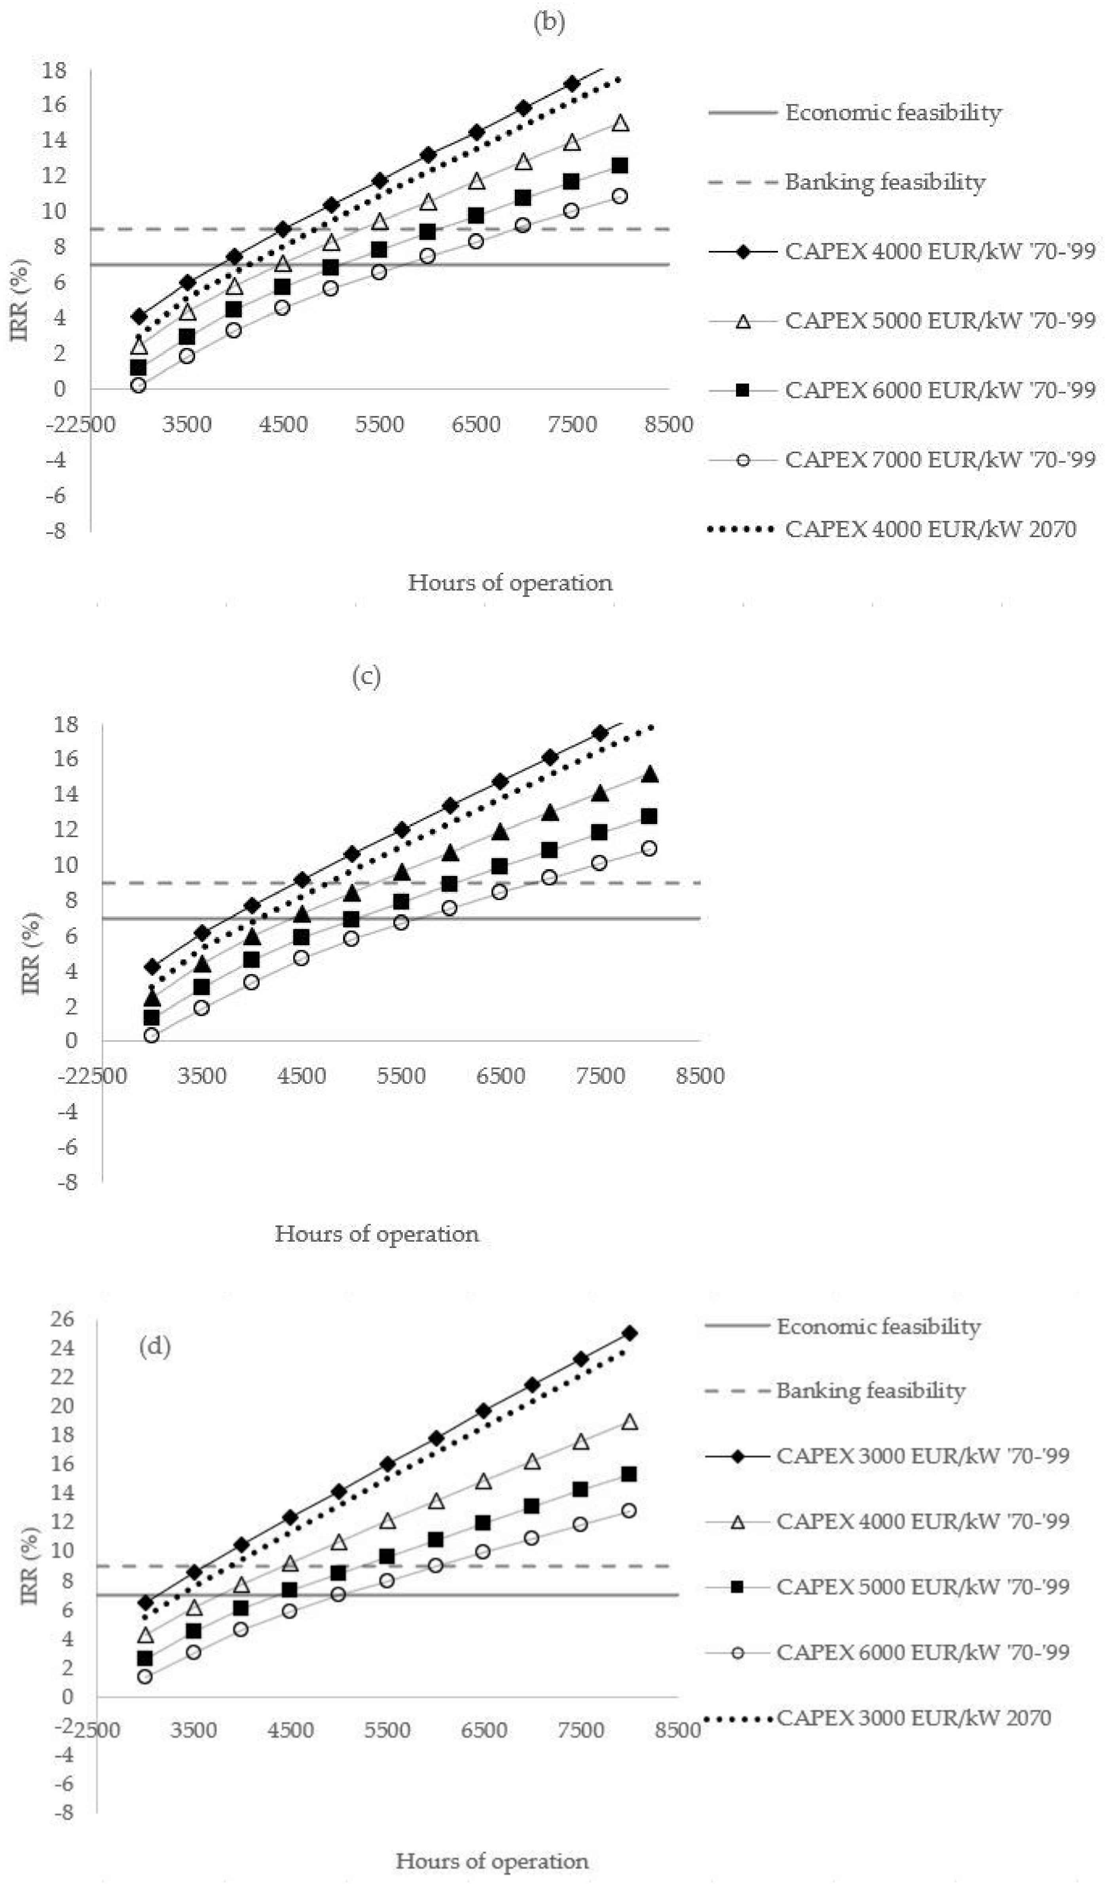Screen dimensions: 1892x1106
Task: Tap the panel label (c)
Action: coord(366,676)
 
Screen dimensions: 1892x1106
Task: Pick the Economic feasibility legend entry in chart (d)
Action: coord(878,1327)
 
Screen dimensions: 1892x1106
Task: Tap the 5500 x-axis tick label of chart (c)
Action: coord(401,1076)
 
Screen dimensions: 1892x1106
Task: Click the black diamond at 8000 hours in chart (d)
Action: coord(630,1334)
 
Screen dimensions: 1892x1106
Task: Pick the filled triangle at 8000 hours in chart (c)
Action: coord(650,774)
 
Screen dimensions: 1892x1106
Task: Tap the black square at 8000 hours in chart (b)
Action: coord(620,165)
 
